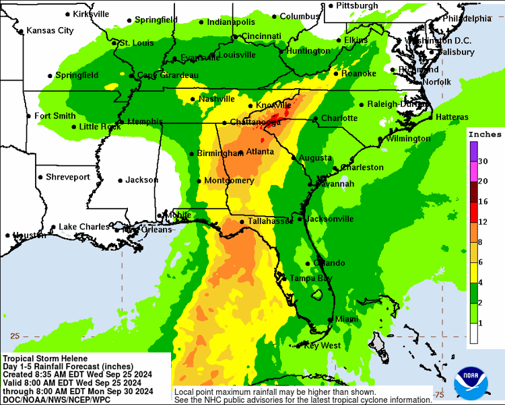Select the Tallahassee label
tap(271, 221)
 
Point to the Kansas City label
tap(49, 31)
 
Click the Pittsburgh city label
tap(358, 5)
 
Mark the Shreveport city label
tap(67, 177)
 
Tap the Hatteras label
tap(452, 117)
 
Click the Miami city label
tap(347, 319)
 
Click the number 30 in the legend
tap(483, 161)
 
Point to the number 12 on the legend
tap(483, 221)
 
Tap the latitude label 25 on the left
tap(15, 336)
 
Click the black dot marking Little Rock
tap(75, 126)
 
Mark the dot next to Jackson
tap(119, 180)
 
